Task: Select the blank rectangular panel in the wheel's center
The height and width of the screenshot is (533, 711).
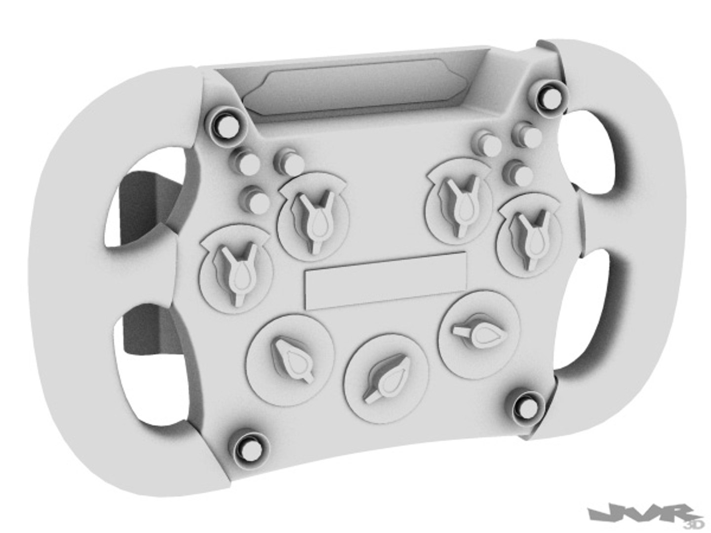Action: [x=386, y=281]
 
